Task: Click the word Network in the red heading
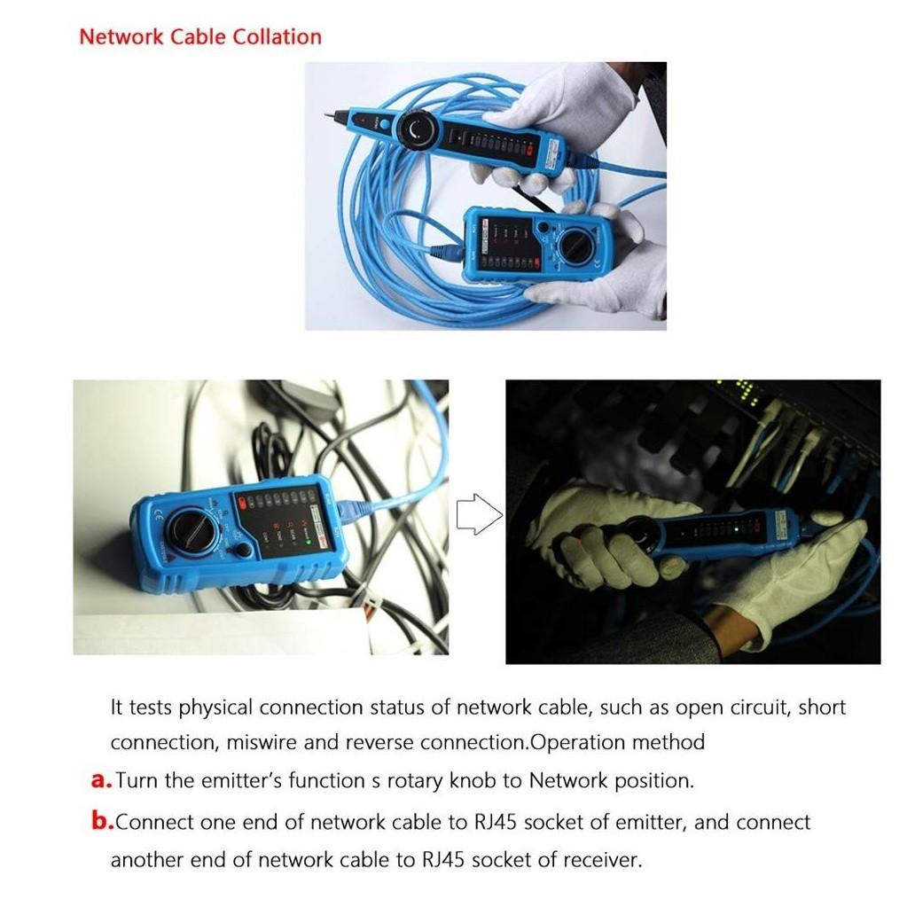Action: [120, 37]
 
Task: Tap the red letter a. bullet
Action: [101, 781]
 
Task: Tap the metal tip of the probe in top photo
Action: [336, 114]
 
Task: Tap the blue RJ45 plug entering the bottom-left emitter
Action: [355, 512]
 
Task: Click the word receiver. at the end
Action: [604, 860]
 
